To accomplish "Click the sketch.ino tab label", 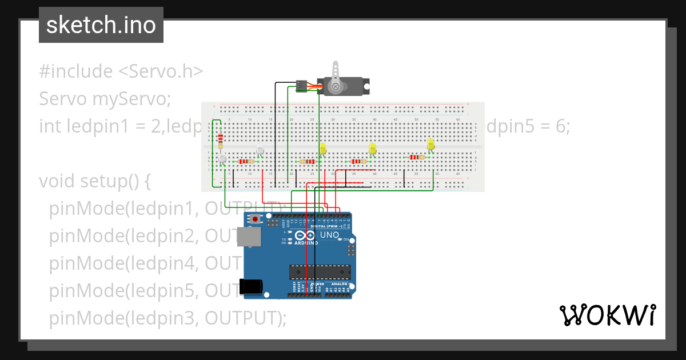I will (101, 25).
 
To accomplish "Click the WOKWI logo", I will (607, 315).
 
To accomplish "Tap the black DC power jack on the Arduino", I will (252, 286).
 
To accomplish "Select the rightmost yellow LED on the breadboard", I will (430, 145).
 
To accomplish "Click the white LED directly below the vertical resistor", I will (222, 158).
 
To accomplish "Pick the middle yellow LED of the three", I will (373, 149).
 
